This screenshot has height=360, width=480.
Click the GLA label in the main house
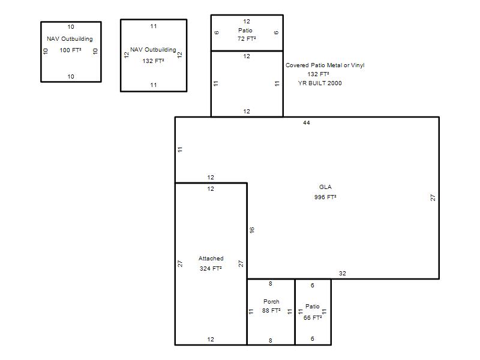[325, 187]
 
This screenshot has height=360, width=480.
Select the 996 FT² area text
[325, 197]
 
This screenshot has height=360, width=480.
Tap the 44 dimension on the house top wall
[307, 123]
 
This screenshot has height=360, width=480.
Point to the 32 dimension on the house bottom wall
[342, 274]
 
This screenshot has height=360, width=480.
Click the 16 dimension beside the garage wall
[251, 230]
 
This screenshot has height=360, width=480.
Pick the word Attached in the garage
[211, 259]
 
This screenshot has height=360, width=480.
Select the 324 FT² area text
[211, 268]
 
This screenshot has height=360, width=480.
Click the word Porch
[271, 302]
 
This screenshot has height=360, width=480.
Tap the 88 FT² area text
[271, 310]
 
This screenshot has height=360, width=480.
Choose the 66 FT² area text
[313, 318]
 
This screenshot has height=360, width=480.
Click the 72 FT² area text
[247, 38]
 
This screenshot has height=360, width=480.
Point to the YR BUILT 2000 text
[320, 83]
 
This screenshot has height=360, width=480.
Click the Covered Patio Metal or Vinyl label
[325, 65]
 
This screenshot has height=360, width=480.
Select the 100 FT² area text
[70, 50]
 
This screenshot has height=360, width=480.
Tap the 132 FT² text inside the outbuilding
[153, 61]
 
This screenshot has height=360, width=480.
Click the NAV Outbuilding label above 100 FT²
[70, 39]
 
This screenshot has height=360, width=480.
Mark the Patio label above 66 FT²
[312, 307]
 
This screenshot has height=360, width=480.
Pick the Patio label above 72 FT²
[245, 31]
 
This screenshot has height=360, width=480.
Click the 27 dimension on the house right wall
[433, 198]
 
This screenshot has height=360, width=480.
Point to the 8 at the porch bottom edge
[271, 340]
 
